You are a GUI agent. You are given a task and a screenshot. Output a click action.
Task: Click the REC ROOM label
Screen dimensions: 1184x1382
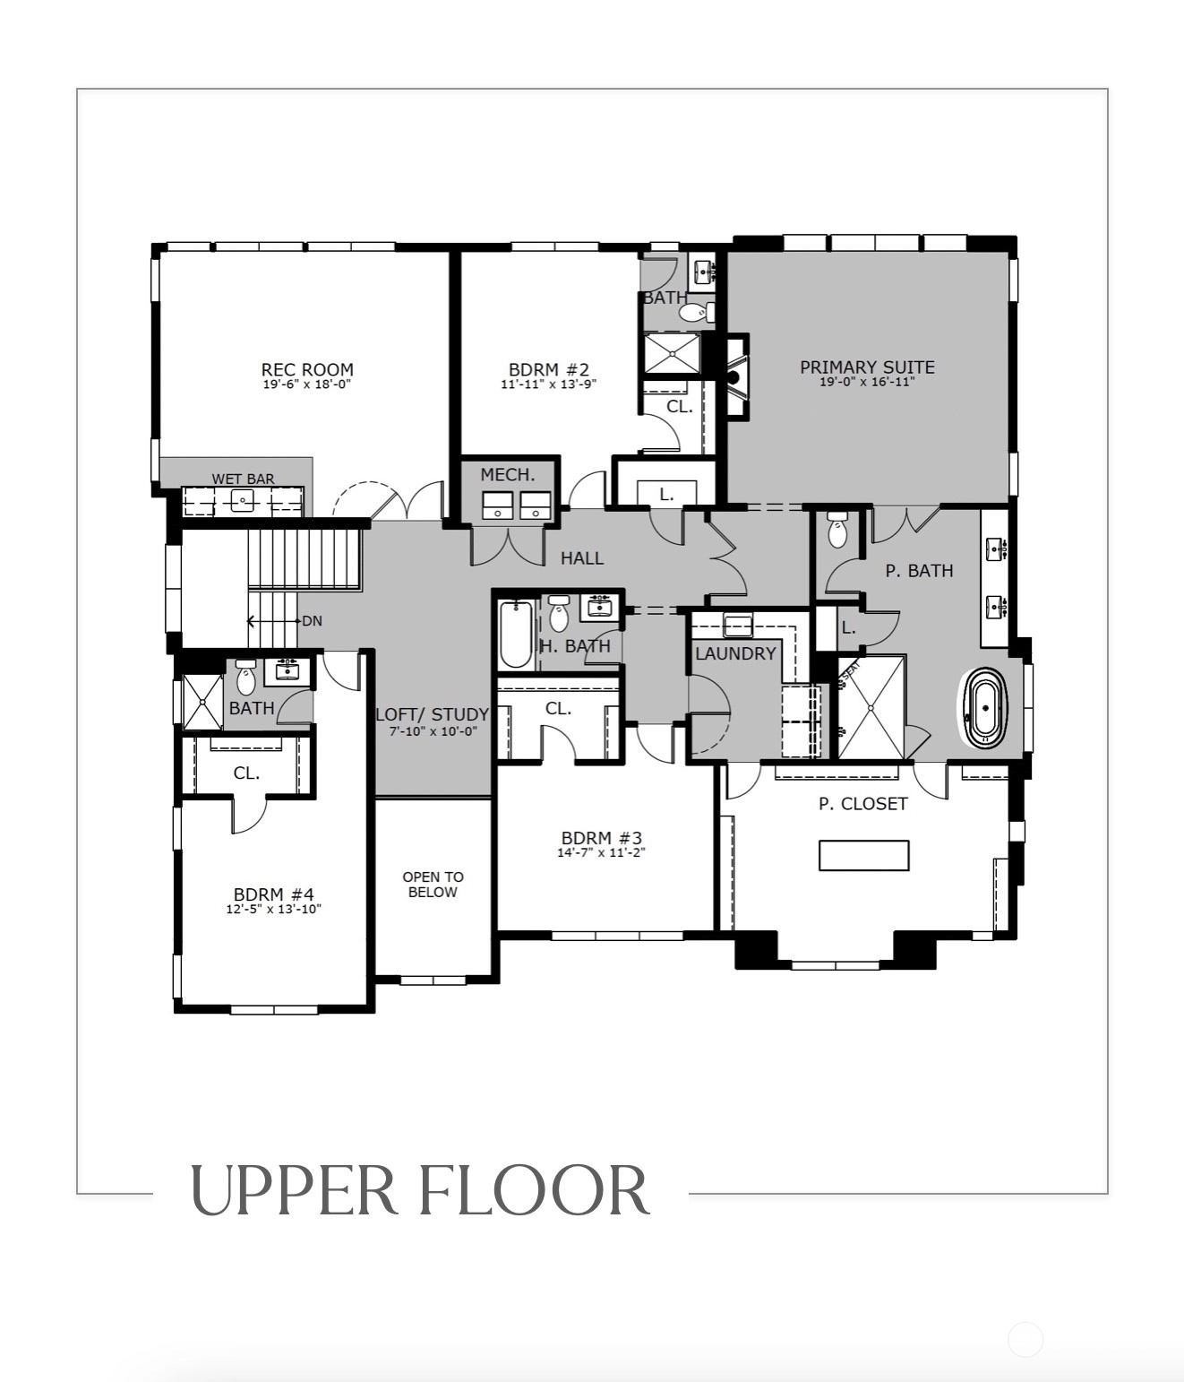point(307,370)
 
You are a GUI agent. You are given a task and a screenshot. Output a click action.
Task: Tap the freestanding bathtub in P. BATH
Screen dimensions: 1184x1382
point(985,708)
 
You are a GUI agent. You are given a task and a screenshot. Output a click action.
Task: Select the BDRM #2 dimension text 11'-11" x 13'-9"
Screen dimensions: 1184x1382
point(549,384)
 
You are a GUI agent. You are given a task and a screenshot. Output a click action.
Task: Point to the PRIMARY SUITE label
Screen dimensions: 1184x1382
point(867,367)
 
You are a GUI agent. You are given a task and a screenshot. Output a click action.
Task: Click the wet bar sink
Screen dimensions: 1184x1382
point(242,499)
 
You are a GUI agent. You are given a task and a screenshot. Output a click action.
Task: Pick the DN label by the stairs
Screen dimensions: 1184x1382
point(312,621)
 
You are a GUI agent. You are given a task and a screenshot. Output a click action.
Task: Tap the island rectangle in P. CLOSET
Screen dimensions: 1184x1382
point(864,855)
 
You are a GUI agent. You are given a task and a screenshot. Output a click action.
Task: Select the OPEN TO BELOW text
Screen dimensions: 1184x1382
point(433,885)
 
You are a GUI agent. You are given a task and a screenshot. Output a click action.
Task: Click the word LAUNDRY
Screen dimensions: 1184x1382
point(735,653)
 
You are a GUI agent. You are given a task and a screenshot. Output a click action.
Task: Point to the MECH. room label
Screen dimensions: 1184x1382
point(508,475)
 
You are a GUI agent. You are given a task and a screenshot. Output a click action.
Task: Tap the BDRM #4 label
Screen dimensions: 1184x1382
point(273,894)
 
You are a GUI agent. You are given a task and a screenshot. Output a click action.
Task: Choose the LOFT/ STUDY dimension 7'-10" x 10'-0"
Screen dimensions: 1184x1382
point(433,731)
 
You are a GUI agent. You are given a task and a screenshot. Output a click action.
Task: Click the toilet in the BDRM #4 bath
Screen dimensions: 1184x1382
point(246,678)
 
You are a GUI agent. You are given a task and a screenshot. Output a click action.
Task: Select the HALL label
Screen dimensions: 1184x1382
point(582,558)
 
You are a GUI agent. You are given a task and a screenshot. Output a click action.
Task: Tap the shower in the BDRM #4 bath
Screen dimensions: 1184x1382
point(202,702)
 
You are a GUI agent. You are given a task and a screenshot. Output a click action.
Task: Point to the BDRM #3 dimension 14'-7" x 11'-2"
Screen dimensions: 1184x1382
point(601,852)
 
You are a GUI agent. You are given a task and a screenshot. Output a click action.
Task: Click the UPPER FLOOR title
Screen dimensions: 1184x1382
point(420,1191)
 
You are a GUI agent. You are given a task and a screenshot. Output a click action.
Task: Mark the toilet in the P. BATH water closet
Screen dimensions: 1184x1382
point(838,530)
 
